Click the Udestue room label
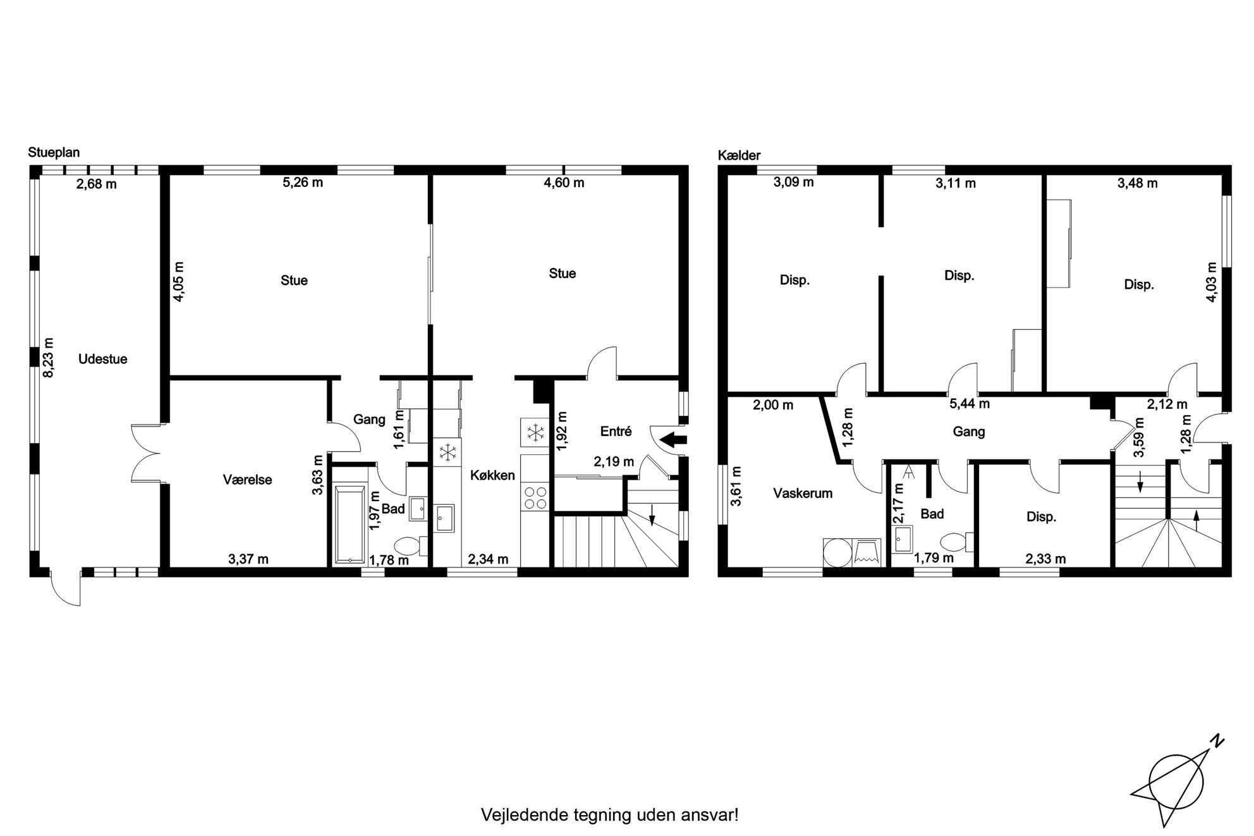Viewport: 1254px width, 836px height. [103, 359]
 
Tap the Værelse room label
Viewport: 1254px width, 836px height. [248, 480]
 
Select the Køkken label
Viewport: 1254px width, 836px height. [492, 475]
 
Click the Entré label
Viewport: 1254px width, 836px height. [616, 432]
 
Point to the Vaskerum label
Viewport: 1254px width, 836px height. [803, 493]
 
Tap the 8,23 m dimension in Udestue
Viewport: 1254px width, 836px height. [49, 358]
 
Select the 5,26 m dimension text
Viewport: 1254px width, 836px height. [303, 183]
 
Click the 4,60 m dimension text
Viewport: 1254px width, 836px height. [564, 183]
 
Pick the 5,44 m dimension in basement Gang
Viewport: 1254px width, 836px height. [970, 403]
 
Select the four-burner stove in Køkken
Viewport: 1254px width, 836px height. [535, 497]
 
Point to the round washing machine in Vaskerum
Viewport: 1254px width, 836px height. [837, 552]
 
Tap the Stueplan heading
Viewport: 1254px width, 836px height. [54, 153]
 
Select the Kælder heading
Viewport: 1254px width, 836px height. [740, 155]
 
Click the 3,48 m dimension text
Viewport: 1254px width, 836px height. [1138, 183]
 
